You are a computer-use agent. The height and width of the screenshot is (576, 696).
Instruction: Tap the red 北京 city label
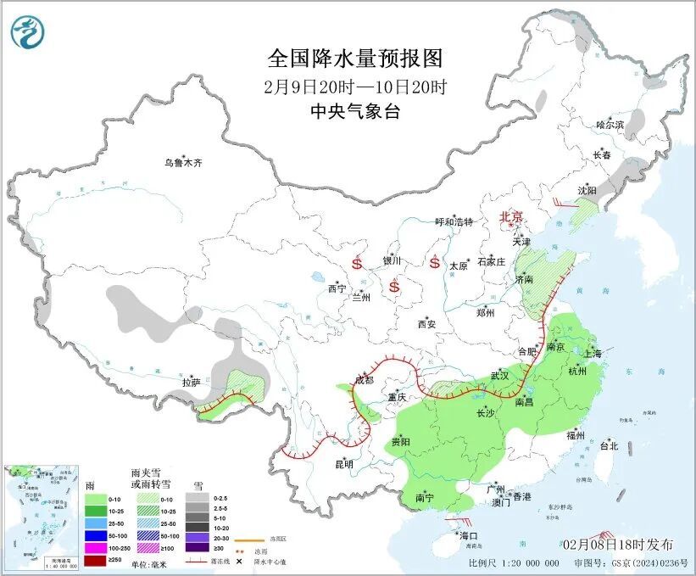click(513, 217)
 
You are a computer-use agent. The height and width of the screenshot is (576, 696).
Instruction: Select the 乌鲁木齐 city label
click(184, 163)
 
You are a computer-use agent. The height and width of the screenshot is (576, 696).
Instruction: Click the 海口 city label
click(469, 536)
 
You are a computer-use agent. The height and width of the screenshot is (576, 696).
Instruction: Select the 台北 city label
click(609, 445)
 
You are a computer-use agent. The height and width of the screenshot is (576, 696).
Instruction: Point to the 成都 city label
click(364, 379)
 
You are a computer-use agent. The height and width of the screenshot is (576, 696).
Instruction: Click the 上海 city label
click(592, 353)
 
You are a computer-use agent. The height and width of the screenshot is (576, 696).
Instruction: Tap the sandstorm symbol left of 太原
click(435, 263)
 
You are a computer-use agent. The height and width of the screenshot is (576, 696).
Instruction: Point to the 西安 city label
click(426, 324)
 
